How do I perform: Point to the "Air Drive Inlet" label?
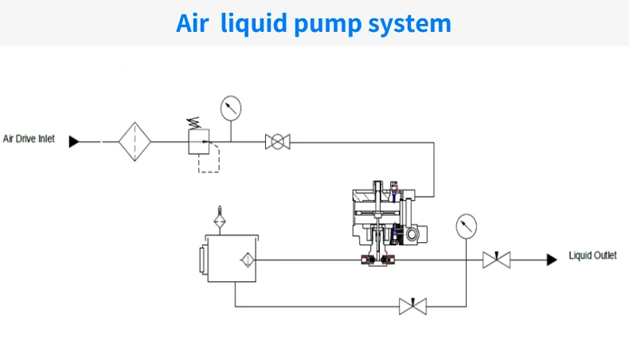[x=29, y=139]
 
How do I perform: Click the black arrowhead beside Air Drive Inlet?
[x=73, y=142]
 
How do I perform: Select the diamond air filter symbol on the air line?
[x=135, y=142]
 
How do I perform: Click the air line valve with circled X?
[x=277, y=142]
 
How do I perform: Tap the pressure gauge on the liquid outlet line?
[x=466, y=226]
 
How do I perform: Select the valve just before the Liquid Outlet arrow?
[x=496, y=260]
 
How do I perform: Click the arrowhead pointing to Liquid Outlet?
[x=550, y=260]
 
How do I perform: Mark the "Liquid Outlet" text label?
[x=592, y=256]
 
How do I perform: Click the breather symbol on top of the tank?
[x=221, y=217]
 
